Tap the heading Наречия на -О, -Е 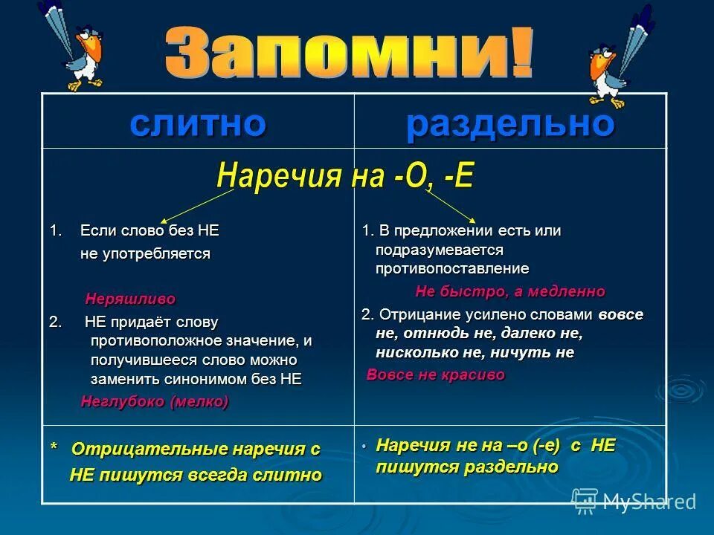[344, 177]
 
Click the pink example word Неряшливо [130, 299]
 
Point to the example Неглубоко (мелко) [155, 401]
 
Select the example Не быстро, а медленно [510, 291]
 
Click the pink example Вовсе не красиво [436, 375]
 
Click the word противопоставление [452, 268]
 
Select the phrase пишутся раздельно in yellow [467, 467]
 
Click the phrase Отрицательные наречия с [196, 450]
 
